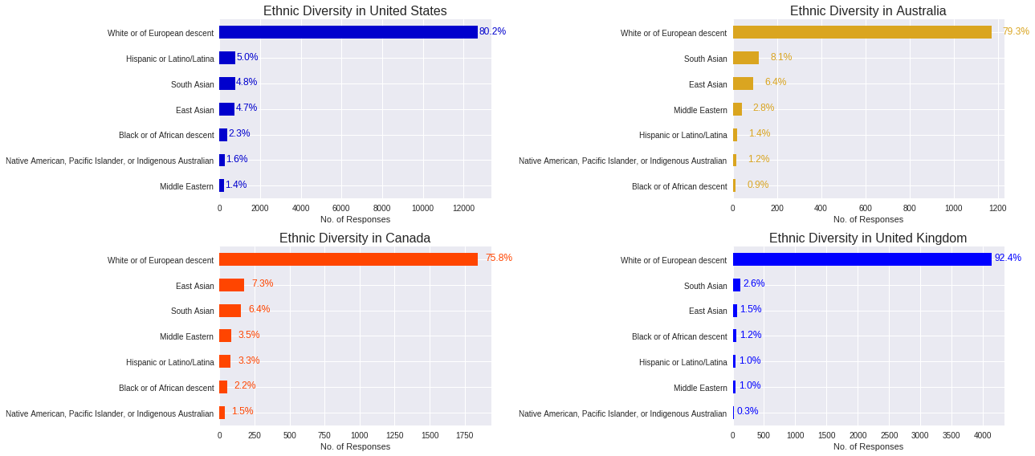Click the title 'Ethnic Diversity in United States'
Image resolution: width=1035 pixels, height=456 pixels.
pos(355,11)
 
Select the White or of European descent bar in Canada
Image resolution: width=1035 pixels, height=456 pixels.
pos(348,259)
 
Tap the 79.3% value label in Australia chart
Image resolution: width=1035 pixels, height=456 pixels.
pos(1016,31)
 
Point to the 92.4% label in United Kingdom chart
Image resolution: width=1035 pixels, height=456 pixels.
pos(1008,258)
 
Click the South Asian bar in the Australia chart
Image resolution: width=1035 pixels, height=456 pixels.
pos(746,58)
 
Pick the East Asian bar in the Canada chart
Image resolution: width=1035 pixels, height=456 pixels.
pos(232,285)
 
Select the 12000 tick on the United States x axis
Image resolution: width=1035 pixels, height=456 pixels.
pos(463,209)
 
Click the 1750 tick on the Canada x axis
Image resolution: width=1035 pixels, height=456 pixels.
pos(465,435)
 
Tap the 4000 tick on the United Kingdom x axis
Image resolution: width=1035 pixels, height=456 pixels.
pos(982,435)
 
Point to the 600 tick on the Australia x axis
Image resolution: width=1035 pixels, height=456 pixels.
pos(866,209)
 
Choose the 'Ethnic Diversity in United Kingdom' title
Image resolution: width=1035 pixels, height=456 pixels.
pos(868,238)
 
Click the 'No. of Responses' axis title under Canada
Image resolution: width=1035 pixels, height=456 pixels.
pos(355,446)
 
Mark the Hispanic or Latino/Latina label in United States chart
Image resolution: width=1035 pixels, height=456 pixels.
pos(170,59)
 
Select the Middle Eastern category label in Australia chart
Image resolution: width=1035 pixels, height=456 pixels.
pos(700,110)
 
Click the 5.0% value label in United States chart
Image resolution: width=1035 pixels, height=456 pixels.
pos(247,57)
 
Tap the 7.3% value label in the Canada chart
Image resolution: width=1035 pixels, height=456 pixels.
pos(263,283)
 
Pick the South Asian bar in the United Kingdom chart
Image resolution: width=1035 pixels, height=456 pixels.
pos(737,285)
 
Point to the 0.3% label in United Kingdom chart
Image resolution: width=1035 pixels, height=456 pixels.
pos(748,411)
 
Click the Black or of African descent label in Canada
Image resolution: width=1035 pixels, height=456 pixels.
pos(166,388)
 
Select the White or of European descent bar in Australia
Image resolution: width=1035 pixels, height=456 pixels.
pos(862,32)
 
